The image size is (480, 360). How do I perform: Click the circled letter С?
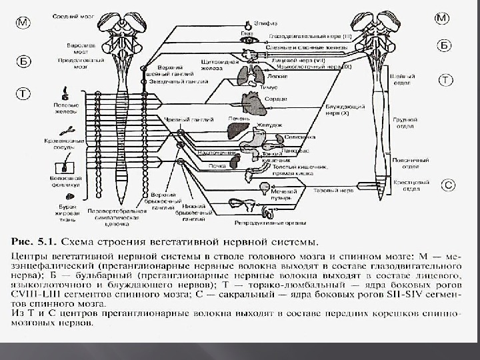click(449, 184)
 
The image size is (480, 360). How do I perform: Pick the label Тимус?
click(269, 86)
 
